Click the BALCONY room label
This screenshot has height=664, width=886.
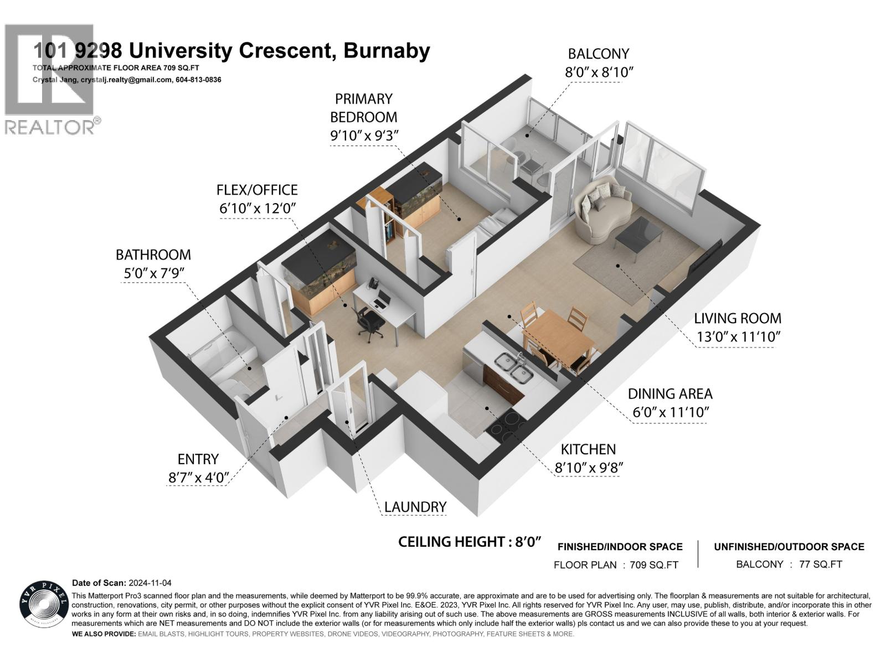[599, 54]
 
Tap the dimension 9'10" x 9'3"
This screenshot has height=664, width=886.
[364, 136]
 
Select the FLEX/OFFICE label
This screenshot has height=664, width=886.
[257, 190]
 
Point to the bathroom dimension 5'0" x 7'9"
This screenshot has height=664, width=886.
[153, 273]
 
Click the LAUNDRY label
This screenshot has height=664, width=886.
[415, 506]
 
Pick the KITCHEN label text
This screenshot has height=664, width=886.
[588, 449]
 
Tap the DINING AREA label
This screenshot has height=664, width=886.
[670, 394]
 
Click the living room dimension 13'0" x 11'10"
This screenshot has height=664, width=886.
[738, 336]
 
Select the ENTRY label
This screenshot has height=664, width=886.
[198, 459]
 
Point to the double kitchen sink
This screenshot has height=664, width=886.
[513, 368]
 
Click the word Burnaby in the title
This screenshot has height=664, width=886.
[387, 51]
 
